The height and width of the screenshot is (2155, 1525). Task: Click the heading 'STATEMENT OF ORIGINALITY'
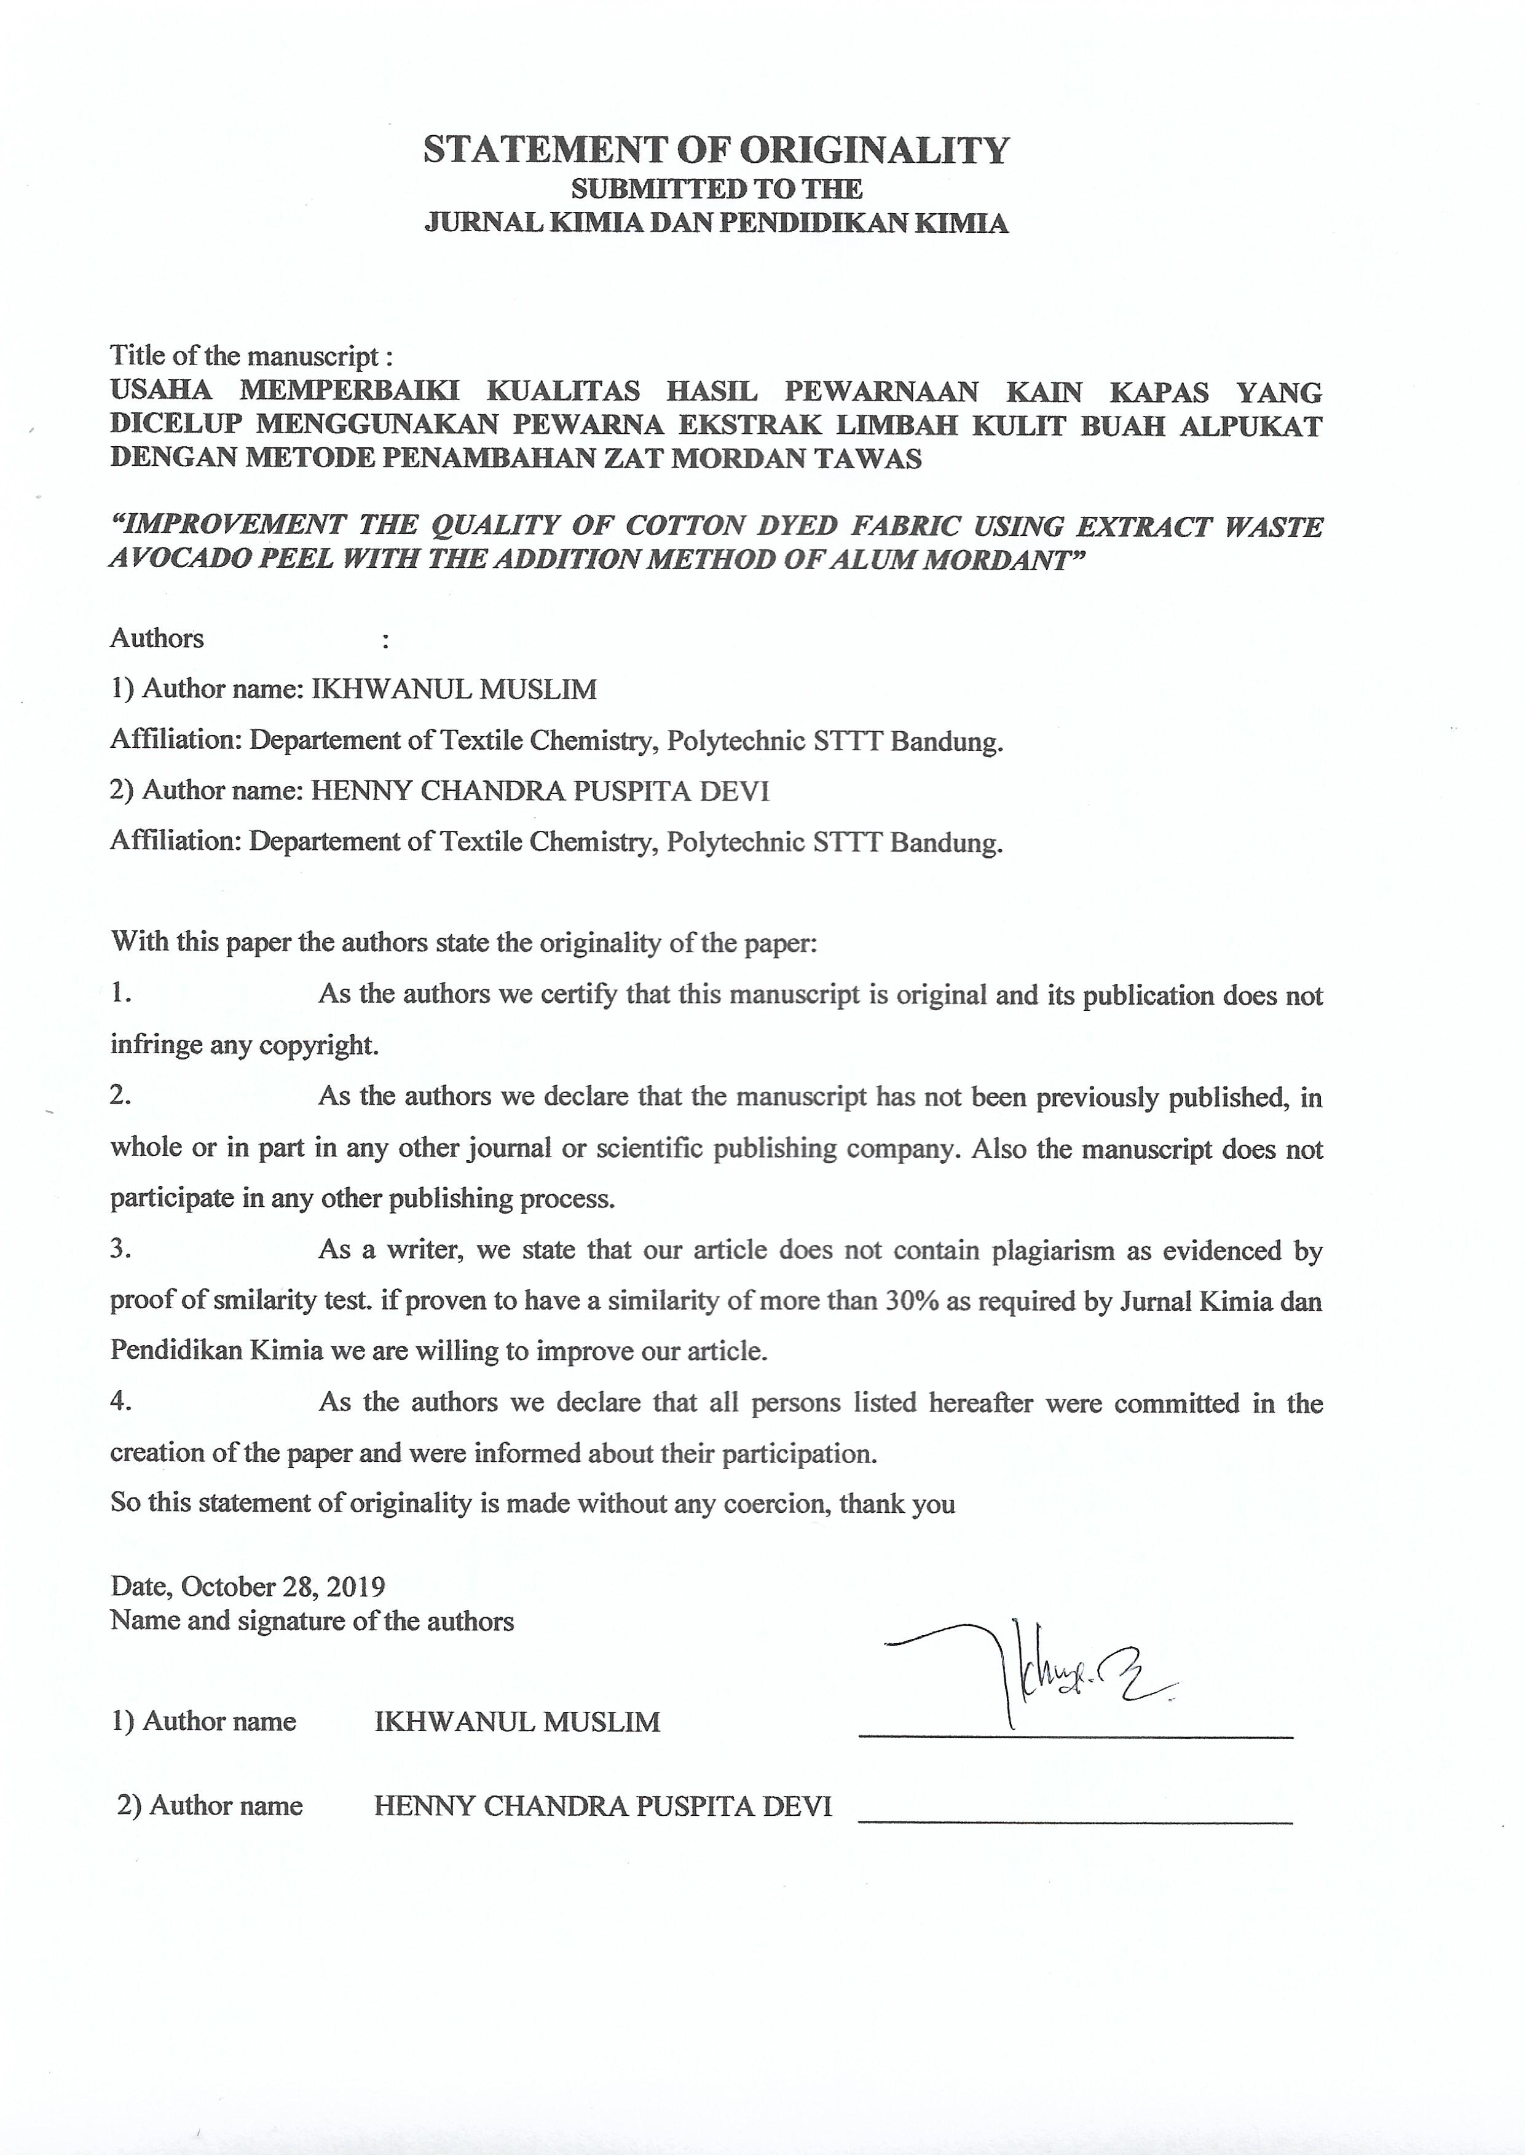pos(715,150)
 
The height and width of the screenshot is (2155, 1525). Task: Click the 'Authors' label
pos(157,638)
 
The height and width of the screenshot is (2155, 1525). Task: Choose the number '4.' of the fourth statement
pos(120,1400)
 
